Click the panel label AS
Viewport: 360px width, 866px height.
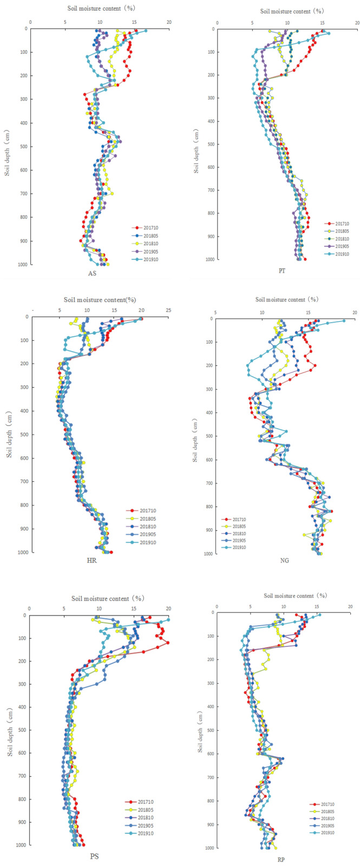click(x=93, y=273)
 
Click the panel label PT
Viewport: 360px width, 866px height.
click(x=282, y=271)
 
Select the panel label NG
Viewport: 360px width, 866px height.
click(x=284, y=560)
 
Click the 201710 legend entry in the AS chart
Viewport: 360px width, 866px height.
click(x=150, y=228)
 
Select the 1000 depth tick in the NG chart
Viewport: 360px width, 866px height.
click(x=208, y=554)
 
